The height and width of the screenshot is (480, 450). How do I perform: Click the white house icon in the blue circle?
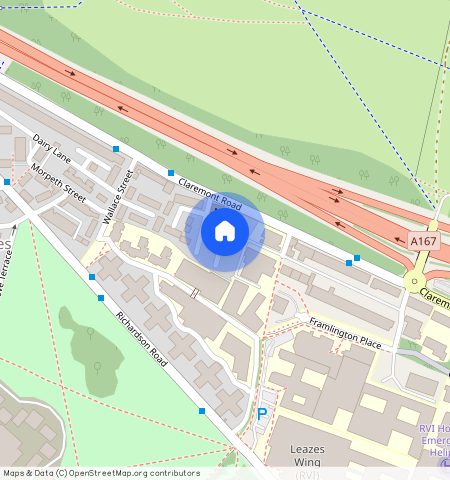coord(225,232)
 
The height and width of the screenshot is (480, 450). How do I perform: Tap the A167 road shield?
coord(423,241)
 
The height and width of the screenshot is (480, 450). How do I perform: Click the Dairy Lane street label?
coord(52,149)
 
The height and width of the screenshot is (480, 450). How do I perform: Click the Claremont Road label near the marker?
coord(210,191)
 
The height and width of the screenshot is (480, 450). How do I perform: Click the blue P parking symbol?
coord(262,414)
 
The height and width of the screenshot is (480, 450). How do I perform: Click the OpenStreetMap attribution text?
coord(101,473)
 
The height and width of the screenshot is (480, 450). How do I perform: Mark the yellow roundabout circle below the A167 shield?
coord(413,282)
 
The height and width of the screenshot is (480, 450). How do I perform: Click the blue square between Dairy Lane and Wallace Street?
coord(116,149)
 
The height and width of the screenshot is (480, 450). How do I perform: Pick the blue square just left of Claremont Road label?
coord(170,173)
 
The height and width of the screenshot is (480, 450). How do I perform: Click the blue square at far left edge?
coord(6,182)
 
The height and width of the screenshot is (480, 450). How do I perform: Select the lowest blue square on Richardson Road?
coord(202,411)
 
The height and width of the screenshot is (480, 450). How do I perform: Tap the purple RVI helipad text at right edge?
coord(434,440)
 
